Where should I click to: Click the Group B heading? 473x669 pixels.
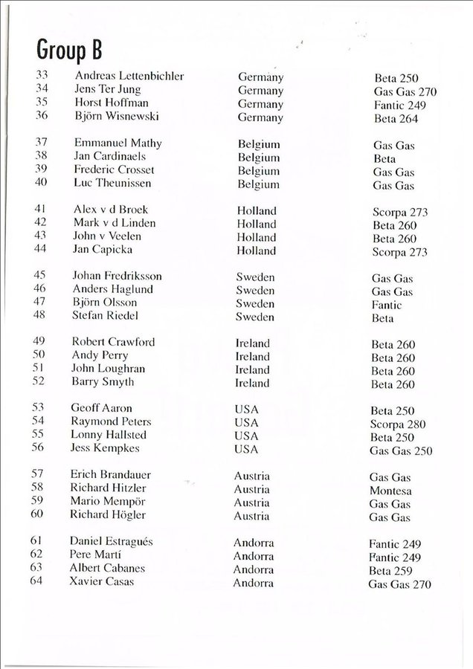pyautogui.click(x=68, y=51)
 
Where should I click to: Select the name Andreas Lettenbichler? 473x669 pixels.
pyautogui.click(x=129, y=77)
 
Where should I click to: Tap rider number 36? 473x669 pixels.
pyautogui.click(x=42, y=115)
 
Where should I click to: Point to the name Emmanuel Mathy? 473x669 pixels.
pyautogui.click(x=118, y=143)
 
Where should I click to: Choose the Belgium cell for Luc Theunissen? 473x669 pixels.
pyautogui.click(x=259, y=184)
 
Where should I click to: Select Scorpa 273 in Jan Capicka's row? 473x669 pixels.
pyautogui.click(x=400, y=252)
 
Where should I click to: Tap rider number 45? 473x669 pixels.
pyautogui.click(x=40, y=276)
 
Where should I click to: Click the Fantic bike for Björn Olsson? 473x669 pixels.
pyautogui.click(x=387, y=305)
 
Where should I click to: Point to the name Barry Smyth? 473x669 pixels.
pyautogui.click(x=103, y=382)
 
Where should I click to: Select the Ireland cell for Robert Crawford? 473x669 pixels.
pyautogui.click(x=252, y=343)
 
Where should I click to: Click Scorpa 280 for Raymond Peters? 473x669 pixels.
pyautogui.click(x=399, y=424)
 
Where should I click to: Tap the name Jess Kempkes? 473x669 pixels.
pyautogui.click(x=105, y=448)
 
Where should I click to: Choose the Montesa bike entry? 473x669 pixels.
pyautogui.click(x=390, y=491)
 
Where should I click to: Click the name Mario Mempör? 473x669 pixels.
pyautogui.click(x=107, y=501)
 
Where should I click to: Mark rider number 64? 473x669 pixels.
pyautogui.click(x=38, y=581)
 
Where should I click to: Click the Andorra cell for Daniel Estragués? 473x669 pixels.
pyautogui.click(x=254, y=543)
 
